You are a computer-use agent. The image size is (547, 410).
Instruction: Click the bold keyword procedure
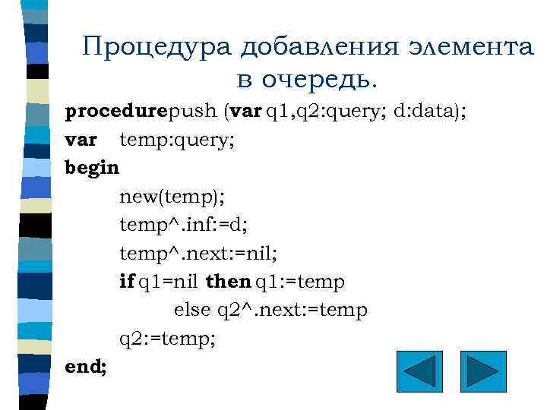pos(116,112)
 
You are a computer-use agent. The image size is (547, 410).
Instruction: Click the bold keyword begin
pos(92,168)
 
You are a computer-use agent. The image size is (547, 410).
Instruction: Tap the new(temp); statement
pos(172,197)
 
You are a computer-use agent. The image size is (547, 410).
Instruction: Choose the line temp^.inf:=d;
pos(184,225)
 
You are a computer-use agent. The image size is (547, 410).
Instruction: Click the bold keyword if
pos(127,282)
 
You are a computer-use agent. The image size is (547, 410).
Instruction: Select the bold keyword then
pos(228,282)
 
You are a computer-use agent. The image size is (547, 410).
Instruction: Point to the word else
pos(193,311)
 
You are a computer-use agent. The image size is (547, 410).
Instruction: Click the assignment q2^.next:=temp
pos(292,311)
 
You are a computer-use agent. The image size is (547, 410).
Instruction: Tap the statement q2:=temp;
pos(168,339)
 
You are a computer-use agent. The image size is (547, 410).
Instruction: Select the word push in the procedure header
pos(192,112)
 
